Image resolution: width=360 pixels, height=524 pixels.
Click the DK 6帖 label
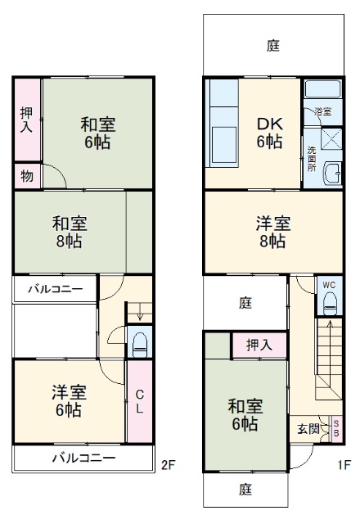pos(270,132)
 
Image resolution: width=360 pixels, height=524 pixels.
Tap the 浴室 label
pos(322,111)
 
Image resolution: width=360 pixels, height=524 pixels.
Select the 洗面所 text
pos(312,157)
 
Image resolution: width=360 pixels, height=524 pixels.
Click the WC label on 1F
pos(329,285)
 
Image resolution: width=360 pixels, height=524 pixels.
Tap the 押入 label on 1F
pos(259,345)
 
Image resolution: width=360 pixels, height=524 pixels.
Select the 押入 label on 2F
pos(26,120)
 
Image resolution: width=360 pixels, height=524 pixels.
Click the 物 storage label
pos(26,175)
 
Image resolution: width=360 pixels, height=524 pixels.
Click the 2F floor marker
pos(169,466)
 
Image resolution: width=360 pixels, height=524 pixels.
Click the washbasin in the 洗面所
pos(331,173)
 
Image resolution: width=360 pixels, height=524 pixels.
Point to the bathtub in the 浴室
pos(322,90)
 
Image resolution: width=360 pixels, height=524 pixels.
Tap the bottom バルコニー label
pos(84,458)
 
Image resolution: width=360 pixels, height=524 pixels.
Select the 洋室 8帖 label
pos(272,232)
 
